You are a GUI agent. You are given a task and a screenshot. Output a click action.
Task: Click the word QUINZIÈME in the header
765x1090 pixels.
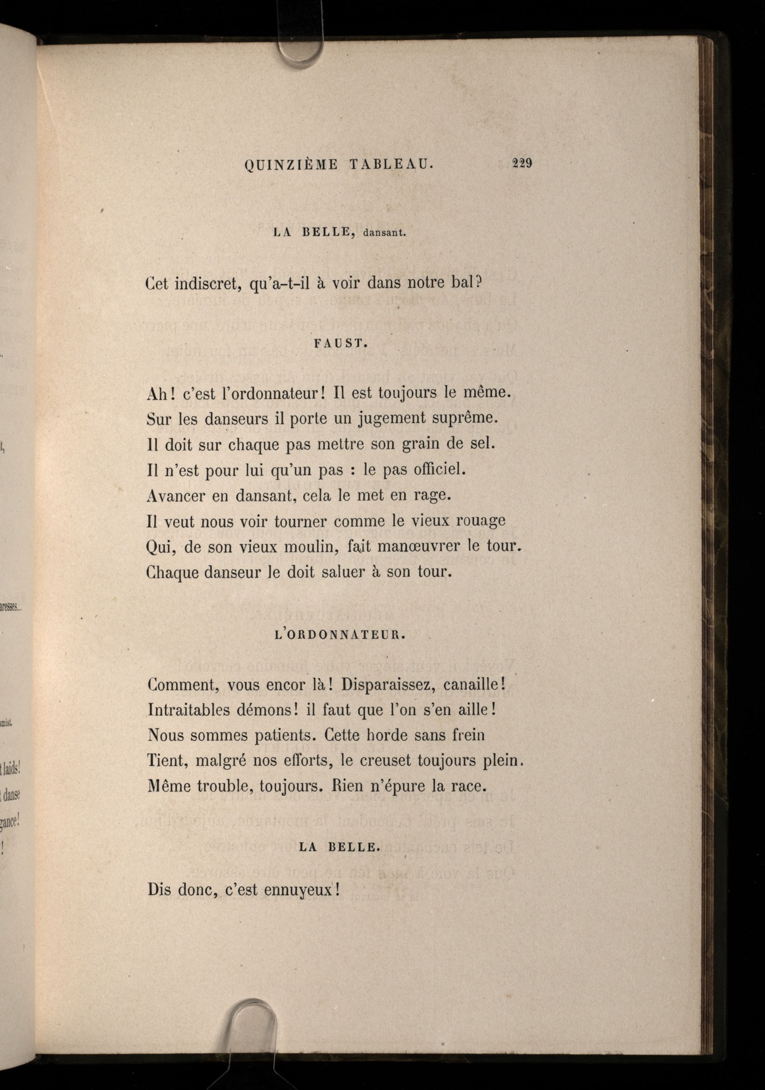[291, 165]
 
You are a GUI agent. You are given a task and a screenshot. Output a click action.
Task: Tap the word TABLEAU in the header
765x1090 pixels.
[391, 165]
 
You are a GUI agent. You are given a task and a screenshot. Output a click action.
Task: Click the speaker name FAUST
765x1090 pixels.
[341, 345]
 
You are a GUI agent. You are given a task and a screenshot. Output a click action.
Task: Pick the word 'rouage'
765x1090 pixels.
[481, 521]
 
